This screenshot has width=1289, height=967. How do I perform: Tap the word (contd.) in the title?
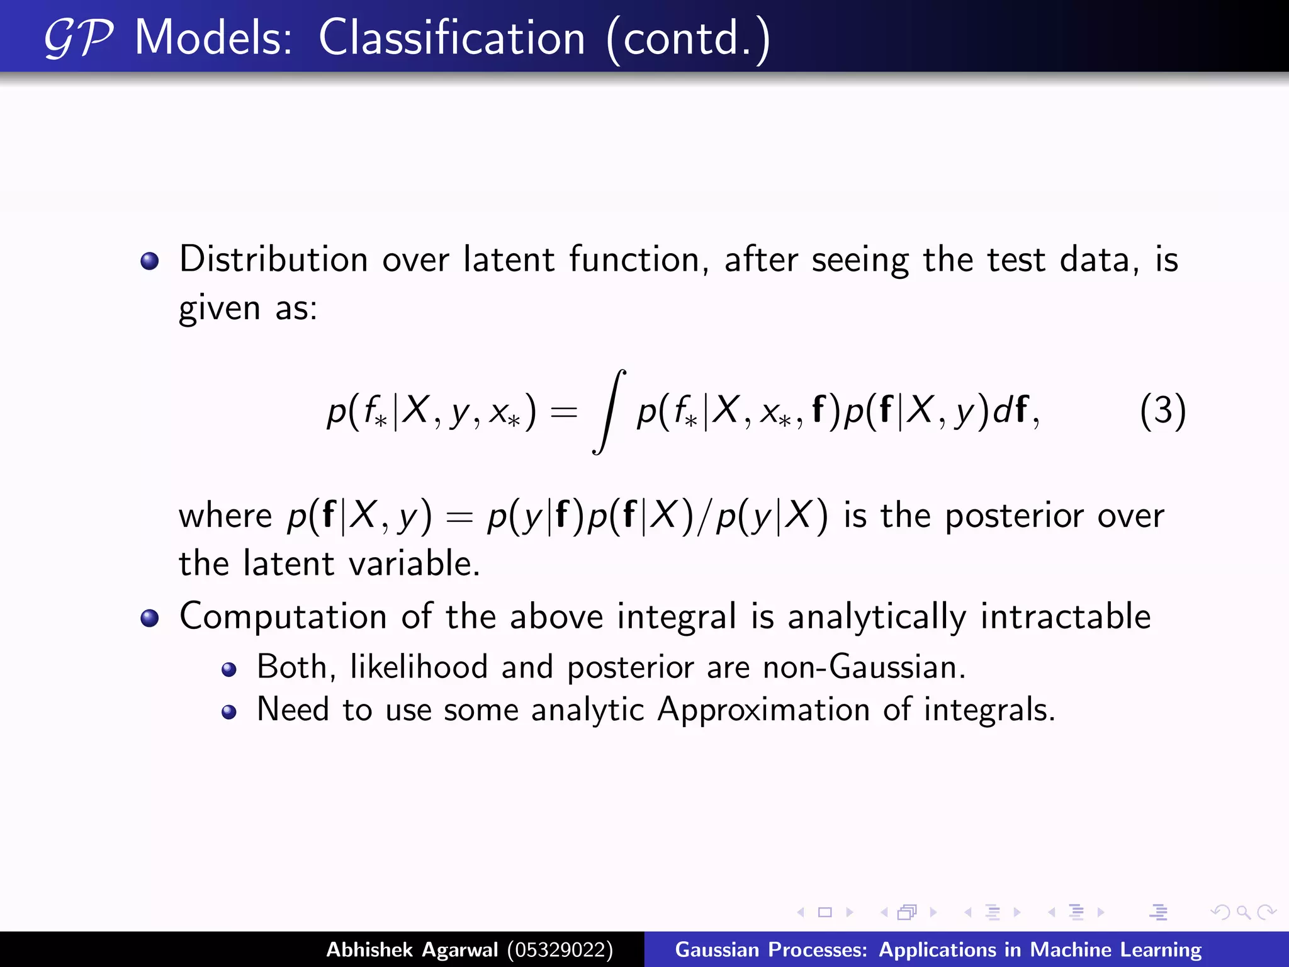[688, 39]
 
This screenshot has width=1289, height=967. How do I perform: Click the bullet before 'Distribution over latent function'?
[150, 261]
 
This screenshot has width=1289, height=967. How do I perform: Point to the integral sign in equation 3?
[609, 411]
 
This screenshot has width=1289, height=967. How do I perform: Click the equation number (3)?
[1162, 411]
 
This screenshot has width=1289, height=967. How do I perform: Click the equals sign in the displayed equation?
[563, 412]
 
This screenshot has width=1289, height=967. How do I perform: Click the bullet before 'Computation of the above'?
[150, 618]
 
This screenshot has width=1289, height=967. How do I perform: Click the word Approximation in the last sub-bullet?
[763, 710]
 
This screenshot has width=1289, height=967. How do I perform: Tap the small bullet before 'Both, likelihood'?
[229, 670]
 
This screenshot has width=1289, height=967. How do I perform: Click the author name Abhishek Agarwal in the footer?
[412, 949]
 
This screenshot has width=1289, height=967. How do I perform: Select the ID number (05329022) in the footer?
[560, 949]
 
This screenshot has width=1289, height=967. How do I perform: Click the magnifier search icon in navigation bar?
[1242, 912]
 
